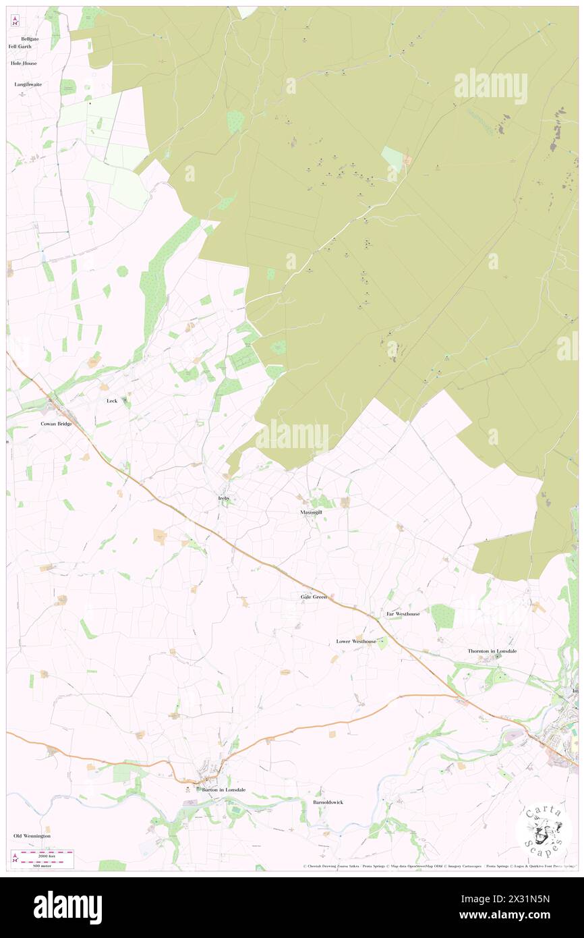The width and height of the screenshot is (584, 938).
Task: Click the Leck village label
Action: point(112,401)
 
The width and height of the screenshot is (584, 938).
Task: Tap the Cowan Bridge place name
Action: point(56,424)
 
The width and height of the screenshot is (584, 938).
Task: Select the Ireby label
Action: point(225,498)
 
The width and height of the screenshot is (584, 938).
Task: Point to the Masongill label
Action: point(311,512)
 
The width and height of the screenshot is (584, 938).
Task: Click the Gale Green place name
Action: point(314,597)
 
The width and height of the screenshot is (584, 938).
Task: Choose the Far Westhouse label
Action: point(403,614)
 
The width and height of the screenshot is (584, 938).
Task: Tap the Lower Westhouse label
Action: point(356,641)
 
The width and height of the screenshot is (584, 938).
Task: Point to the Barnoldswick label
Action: point(328,802)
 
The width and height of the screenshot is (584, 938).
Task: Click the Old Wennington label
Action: point(32,835)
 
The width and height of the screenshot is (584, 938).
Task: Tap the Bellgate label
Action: point(30,38)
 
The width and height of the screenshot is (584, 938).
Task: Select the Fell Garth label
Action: point(20,47)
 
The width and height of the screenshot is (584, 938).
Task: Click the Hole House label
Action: point(24,63)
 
